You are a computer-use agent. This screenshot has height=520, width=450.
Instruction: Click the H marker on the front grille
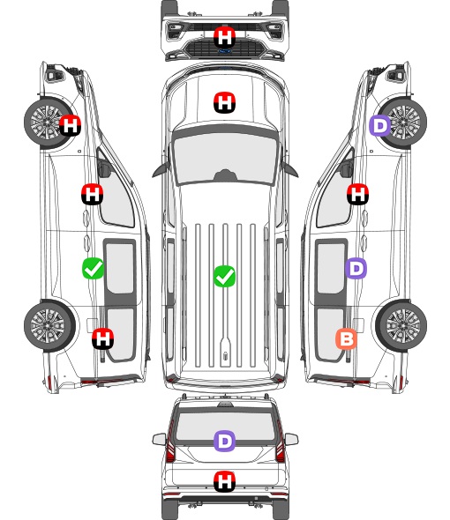pyautogui.click(x=224, y=37)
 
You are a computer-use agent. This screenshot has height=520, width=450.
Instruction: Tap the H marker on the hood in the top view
pyautogui.click(x=224, y=102)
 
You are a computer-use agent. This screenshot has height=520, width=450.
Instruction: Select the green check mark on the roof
pyautogui.click(x=224, y=276)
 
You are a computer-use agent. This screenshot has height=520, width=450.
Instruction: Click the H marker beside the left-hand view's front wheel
pyautogui.click(x=70, y=125)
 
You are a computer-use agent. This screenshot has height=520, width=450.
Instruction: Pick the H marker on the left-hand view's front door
pyautogui.click(x=93, y=194)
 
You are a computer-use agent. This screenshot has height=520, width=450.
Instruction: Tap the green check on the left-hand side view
pyautogui.click(x=93, y=268)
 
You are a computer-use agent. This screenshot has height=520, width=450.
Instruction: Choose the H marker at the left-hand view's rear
pyautogui.click(x=103, y=338)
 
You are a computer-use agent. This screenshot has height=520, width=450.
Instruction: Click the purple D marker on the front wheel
pyautogui.click(x=380, y=125)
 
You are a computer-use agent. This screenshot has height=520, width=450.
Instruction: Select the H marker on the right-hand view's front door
pyautogui.click(x=357, y=194)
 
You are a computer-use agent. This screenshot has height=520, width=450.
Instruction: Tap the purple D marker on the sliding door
pyautogui.click(x=356, y=268)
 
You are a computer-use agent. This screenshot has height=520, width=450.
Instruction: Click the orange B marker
pyautogui.click(x=347, y=338)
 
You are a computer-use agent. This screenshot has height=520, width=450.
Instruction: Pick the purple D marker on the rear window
pyautogui.click(x=224, y=441)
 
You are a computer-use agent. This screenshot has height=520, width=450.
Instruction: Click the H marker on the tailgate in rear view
pyautogui.click(x=224, y=481)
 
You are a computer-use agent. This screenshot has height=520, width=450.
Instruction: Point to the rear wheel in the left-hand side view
pyautogui.click(x=49, y=326)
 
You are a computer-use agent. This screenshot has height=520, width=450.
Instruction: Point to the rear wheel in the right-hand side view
pyautogui.click(x=401, y=326)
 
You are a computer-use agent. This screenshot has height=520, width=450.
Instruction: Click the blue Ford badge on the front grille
pyautogui.click(x=225, y=51)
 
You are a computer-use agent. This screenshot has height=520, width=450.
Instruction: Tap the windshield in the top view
pyautogui.click(x=225, y=159)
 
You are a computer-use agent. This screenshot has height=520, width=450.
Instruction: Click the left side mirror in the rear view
pyautogui.click(x=160, y=440)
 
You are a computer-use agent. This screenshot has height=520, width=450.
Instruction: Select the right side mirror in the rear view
pyautogui.click(x=291, y=440)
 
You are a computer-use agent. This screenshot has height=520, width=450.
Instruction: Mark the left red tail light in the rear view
pyautogui.click(x=170, y=444)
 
